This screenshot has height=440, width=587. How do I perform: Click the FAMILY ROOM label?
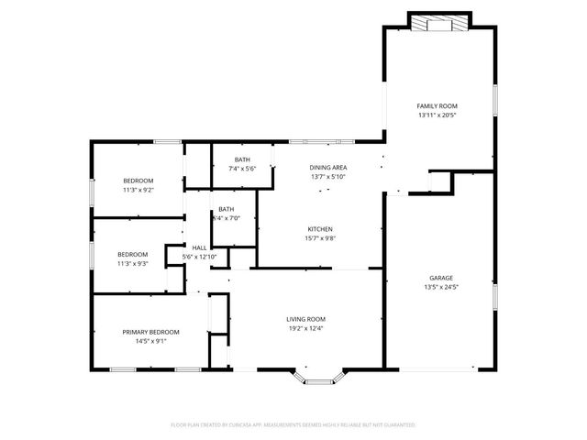click(x=437, y=106)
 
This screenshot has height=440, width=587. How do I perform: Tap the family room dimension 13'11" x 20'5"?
click(x=437, y=116)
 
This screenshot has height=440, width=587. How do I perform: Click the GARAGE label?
click(x=441, y=278)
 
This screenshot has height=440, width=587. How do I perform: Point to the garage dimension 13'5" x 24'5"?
click(x=441, y=288)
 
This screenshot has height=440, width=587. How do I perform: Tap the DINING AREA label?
click(x=327, y=167)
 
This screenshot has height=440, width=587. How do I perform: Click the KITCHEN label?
click(x=319, y=229)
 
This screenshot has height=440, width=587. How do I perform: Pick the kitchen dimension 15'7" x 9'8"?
click(x=319, y=239)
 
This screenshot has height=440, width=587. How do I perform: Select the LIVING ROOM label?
click(x=305, y=318)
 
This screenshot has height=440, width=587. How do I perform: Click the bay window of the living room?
click(x=318, y=376)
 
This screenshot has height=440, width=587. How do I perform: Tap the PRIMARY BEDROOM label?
click(x=151, y=331)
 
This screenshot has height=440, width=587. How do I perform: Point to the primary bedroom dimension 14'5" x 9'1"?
click(x=151, y=341)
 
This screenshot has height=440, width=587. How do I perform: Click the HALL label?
click(x=199, y=247)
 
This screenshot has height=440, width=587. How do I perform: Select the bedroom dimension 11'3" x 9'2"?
click(x=138, y=191)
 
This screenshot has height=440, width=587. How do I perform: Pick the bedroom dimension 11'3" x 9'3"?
click(x=133, y=264)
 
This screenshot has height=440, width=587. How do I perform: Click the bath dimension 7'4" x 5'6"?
click(x=241, y=170)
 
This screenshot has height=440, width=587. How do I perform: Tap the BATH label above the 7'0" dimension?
click(x=226, y=209)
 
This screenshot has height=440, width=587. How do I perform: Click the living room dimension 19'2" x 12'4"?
click(x=305, y=328)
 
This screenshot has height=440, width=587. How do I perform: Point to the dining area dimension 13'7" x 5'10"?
click(x=327, y=177)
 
